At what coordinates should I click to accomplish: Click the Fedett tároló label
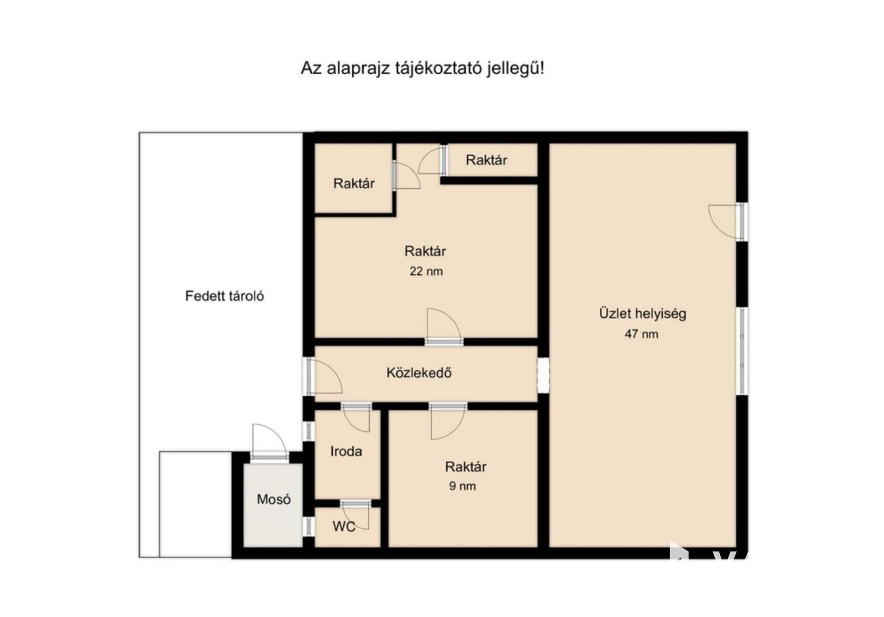point(224,295)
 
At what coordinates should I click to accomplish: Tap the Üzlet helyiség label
point(643,313)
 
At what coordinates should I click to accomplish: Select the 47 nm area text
point(641,334)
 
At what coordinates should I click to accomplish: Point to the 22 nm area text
point(426,271)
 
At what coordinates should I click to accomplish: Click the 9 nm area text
point(462,486)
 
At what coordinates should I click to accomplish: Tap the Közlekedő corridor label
point(419,373)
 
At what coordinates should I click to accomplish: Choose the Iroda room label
point(346,451)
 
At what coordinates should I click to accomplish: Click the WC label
point(344,527)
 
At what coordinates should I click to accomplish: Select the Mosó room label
point(274,499)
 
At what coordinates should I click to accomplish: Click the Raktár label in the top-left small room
point(354,183)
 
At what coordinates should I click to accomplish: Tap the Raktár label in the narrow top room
point(486,160)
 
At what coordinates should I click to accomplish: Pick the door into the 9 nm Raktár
point(448,421)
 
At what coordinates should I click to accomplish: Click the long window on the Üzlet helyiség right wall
point(742,351)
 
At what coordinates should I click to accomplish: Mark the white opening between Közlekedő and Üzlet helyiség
point(543,376)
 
